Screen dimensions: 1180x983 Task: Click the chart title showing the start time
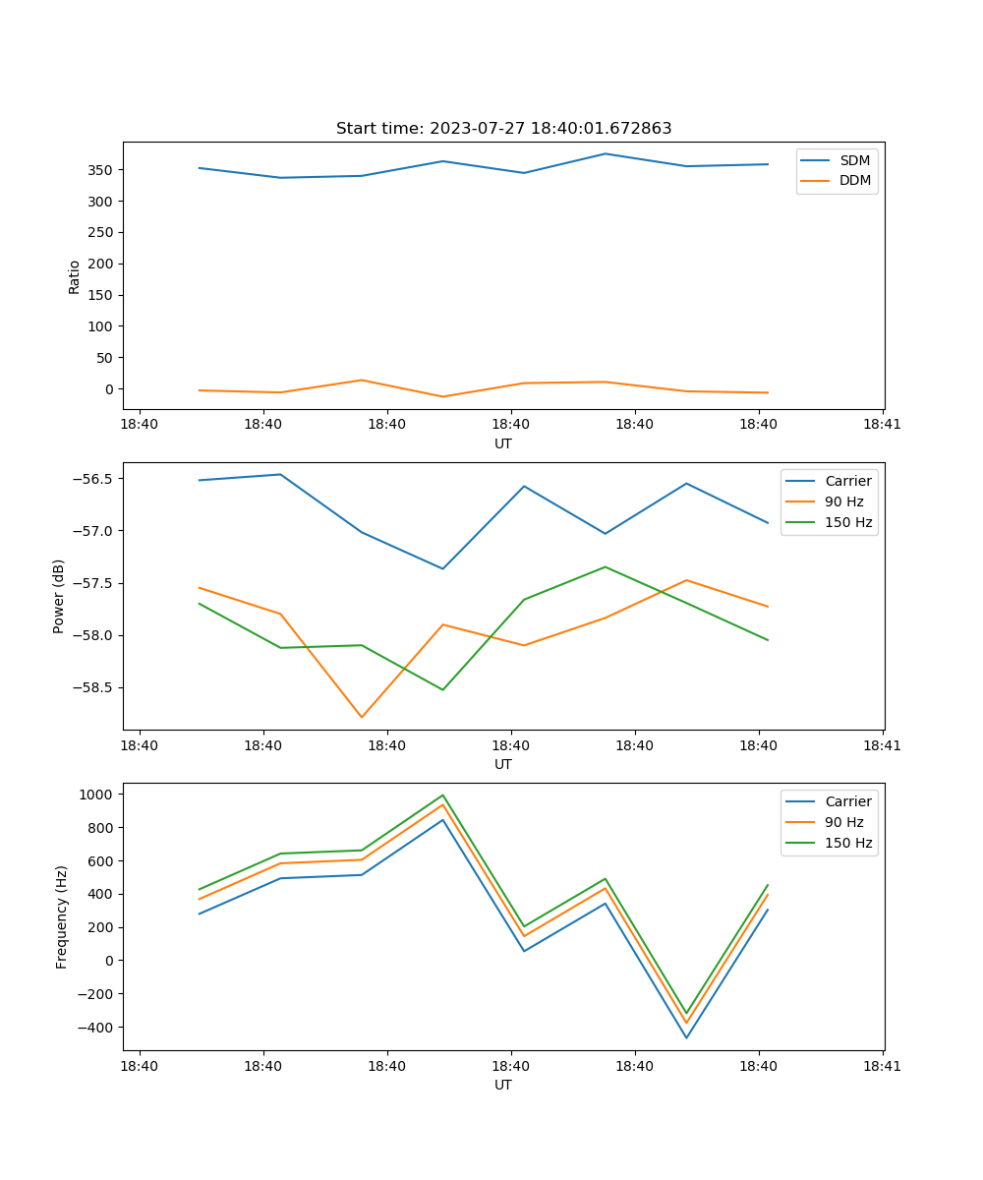[x=503, y=129]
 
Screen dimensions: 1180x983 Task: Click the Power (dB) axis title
[x=59, y=596]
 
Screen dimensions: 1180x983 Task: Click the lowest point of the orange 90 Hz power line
[x=362, y=717]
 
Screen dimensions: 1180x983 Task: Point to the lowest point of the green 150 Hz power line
[x=442, y=689]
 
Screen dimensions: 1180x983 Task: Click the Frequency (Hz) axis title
[x=61, y=916]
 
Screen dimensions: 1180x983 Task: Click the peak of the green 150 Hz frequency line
[x=442, y=796]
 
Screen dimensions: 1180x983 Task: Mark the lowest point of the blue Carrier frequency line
[x=686, y=1037]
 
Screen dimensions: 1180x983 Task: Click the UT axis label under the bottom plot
[x=503, y=1085]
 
